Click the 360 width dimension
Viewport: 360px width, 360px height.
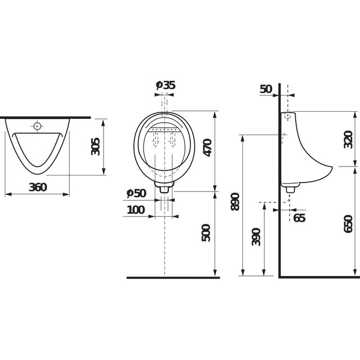point(38,187)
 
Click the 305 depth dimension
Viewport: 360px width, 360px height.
point(95,147)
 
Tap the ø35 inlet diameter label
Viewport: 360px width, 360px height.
point(166,85)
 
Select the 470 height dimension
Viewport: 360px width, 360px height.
point(208,148)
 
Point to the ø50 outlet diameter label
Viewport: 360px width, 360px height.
point(136,193)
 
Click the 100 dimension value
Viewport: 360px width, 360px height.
point(136,210)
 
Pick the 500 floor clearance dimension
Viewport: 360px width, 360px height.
point(206,233)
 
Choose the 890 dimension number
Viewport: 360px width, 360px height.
point(235,202)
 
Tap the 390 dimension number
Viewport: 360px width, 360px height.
point(256,237)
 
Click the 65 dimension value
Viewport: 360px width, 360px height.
point(299,218)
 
